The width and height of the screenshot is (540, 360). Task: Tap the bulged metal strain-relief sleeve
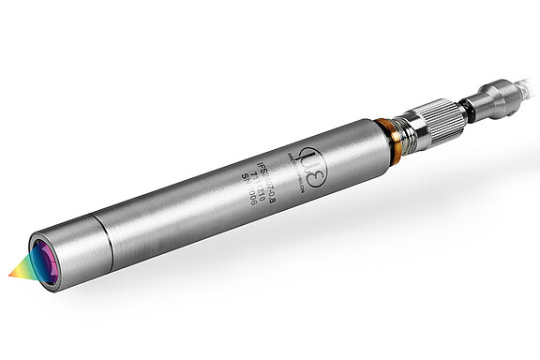496,96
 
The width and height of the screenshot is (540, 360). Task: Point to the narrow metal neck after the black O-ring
475,103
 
